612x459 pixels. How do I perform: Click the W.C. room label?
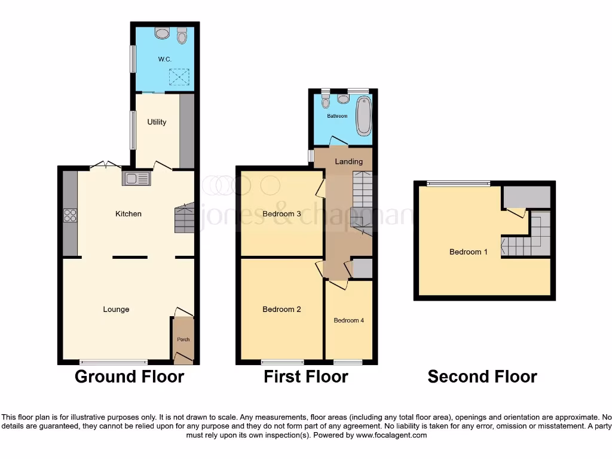click(164, 59)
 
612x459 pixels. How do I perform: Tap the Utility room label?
click(157, 122)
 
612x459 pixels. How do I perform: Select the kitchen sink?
click(137, 178)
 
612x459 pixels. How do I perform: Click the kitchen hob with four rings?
click(70, 215)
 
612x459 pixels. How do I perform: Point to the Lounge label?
click(116, 309)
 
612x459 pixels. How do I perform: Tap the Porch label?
click(183, 339)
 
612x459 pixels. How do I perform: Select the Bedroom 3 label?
click(281, 214)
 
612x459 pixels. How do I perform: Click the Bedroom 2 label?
click(281, 309)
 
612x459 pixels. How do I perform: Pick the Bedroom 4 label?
click(348, 320)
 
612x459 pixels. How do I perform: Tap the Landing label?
click(348, 161)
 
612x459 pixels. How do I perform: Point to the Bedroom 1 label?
click(468, 252)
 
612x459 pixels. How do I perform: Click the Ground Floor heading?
click(129, 377)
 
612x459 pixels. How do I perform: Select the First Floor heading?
click(306, 377)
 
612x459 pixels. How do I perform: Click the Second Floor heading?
click(482, 377)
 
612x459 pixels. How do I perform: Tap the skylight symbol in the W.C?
click(178, 76)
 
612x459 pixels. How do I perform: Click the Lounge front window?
click(114, 362)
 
